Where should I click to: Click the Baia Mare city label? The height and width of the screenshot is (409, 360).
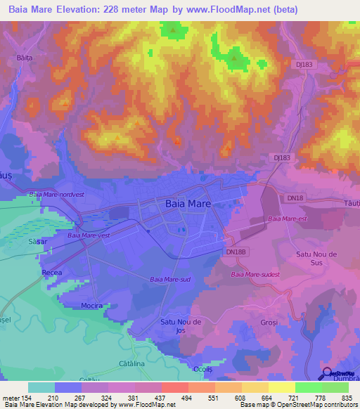[188, 203]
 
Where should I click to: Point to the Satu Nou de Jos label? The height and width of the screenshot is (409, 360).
[181, 325]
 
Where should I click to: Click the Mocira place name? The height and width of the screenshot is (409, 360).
[91, 306]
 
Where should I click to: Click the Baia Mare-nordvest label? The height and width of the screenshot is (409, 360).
[55, 194]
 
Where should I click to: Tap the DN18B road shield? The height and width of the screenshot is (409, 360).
[236, 251]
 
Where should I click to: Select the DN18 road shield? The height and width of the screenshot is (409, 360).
[295, 198]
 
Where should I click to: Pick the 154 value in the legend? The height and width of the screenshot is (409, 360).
[26, 398]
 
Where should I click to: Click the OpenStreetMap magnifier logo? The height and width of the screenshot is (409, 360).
[326, 372]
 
